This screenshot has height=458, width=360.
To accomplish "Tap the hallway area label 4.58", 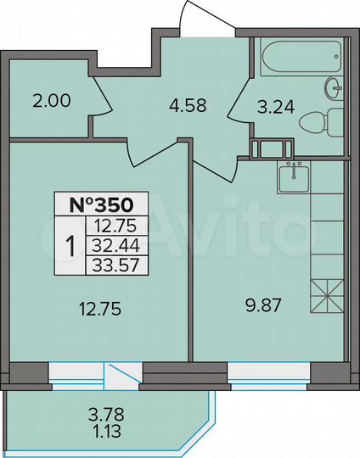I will click(x=186, y=107).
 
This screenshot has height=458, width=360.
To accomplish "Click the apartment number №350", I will click(x=101, y=205).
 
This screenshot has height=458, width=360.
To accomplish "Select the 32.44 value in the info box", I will click(x=117, y=244).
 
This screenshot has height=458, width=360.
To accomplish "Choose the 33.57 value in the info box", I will click(x=117, y=262).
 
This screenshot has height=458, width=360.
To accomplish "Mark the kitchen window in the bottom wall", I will click(x=269, y=371).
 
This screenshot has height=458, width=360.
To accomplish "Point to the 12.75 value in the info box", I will click(x=117, y=226).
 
